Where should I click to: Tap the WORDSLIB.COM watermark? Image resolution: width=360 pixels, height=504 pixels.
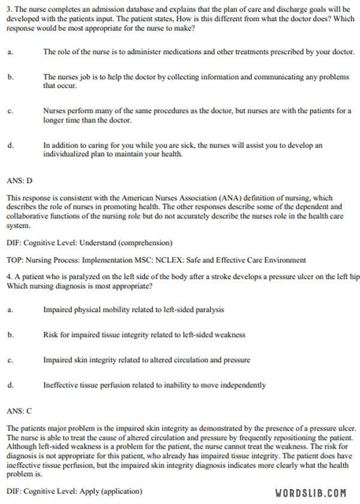[310, 493]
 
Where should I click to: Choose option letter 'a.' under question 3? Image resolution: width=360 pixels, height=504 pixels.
[10, 52]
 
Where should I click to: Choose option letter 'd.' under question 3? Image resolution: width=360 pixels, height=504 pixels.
[10, 145]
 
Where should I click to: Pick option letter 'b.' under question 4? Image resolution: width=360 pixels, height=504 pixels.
[10, 335]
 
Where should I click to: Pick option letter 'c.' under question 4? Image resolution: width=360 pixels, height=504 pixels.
[10, 360]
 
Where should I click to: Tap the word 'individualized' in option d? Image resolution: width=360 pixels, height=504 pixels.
[65, 154]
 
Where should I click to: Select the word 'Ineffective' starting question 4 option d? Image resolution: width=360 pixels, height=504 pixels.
[60, 385]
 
